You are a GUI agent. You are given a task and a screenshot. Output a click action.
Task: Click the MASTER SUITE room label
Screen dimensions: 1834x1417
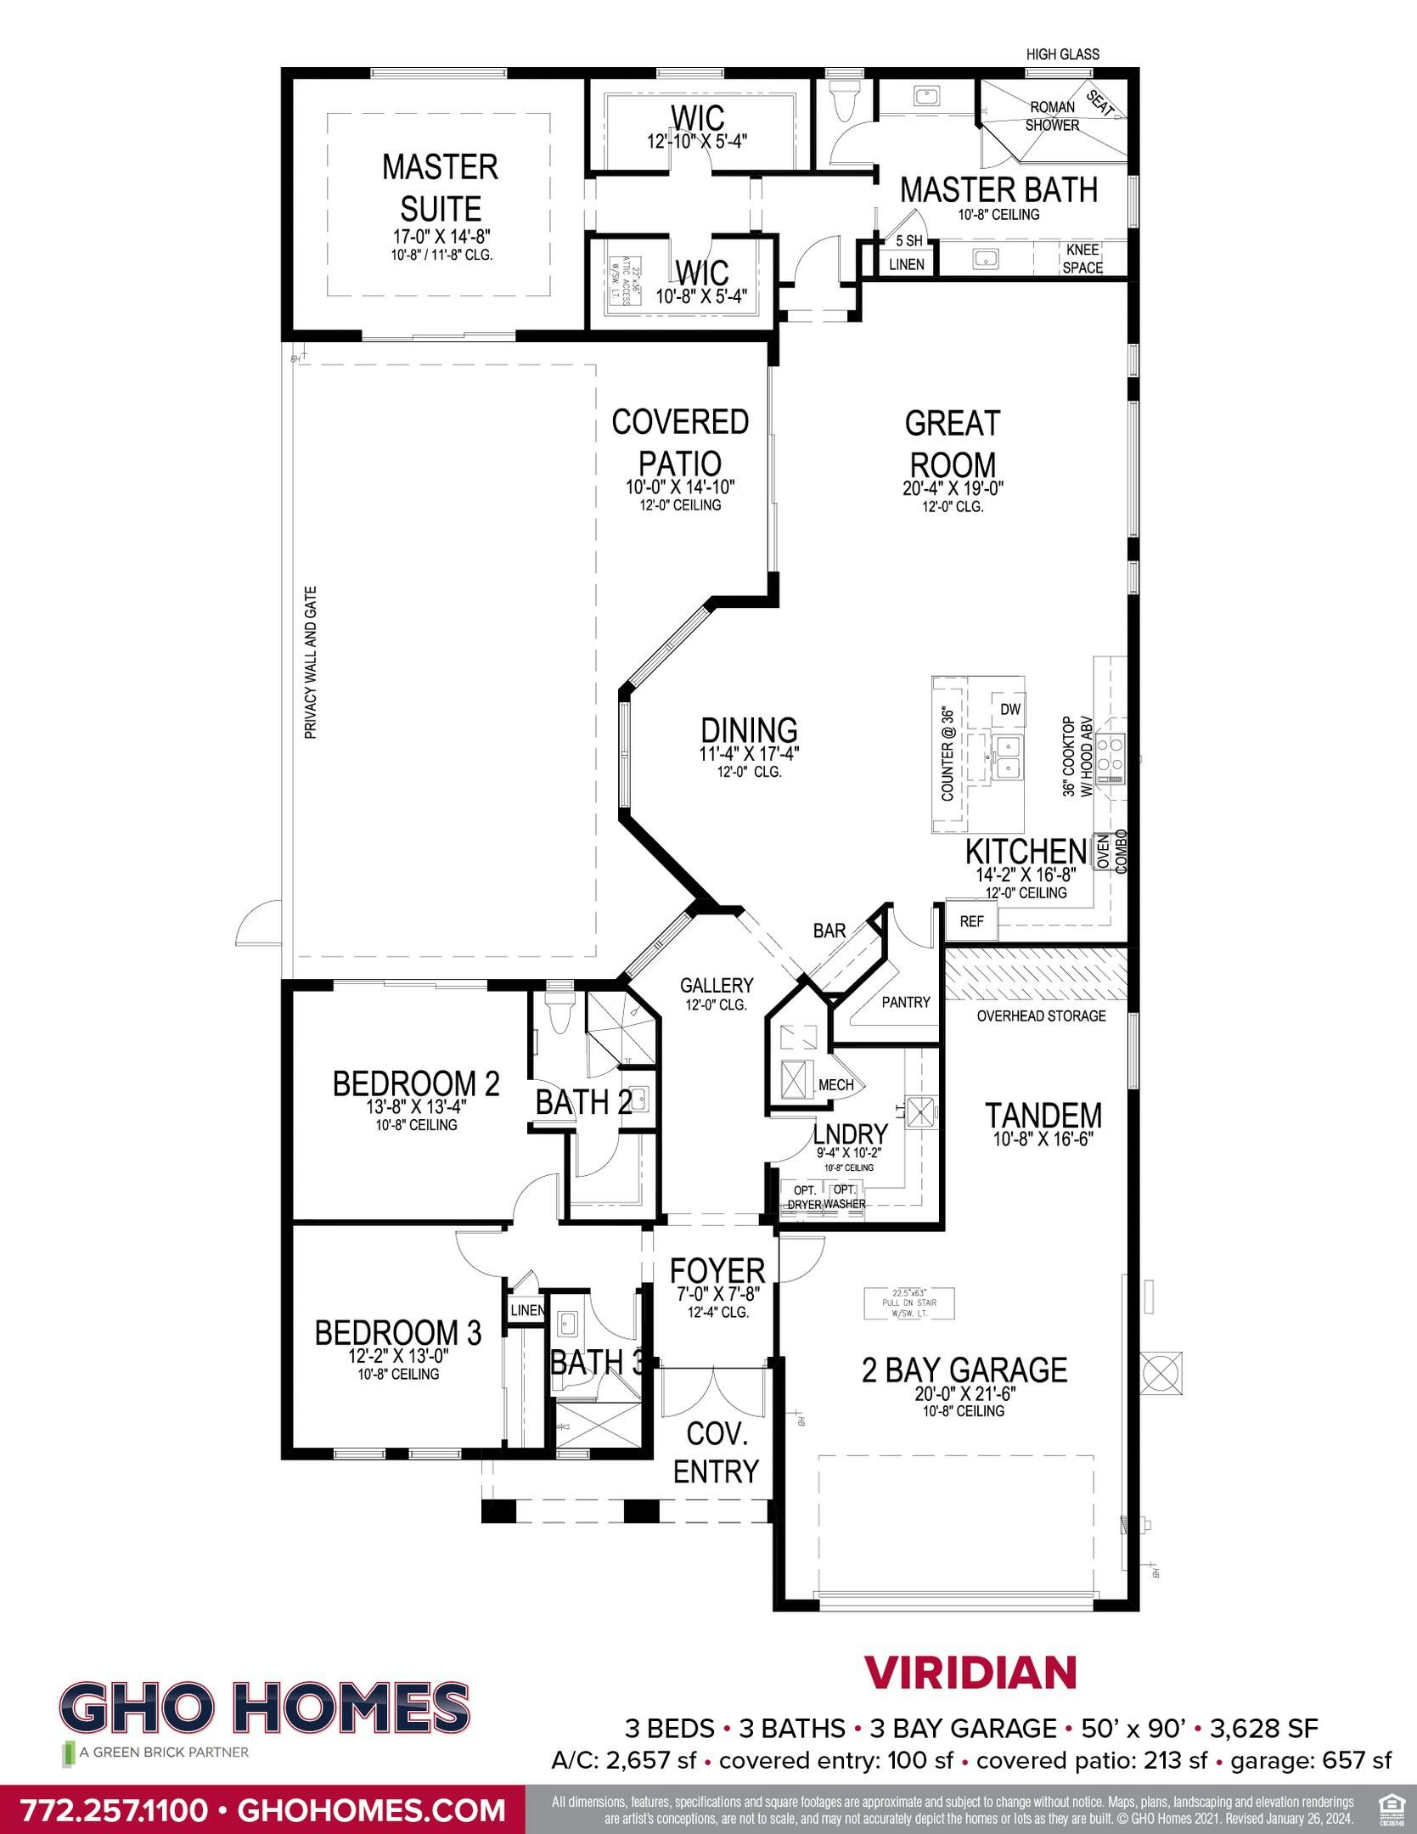pyautogui.click(x=440, y=188)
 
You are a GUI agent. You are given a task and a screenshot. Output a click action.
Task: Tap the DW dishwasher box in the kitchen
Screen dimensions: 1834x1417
pyautogui.click(x=1009, y=709)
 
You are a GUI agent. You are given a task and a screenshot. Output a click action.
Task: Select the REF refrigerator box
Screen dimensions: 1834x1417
pyautogui.click(x=971, y=921)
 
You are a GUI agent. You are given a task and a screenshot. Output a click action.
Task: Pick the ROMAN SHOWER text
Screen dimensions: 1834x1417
pyautogui.click(x=1052, y=116)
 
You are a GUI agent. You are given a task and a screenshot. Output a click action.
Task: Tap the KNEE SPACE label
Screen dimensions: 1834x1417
pyautogui.click(x=1082, y=258)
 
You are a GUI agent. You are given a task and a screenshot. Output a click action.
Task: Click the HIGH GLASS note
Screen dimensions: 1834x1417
pyautogui.click(x=1062, y=54)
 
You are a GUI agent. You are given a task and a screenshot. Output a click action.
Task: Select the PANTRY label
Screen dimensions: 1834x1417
pyautogui.click(x=905, y=1002)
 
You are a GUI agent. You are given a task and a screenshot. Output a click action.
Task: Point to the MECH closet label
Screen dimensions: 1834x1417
pyautogui.click(x=835, y=1084)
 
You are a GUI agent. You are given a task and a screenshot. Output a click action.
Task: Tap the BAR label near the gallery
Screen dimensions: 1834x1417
pyautogui.click(x=829, y=931)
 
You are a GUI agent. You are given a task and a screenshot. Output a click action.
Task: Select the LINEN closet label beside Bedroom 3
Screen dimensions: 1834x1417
pyautogui.click(x=527, y=1310)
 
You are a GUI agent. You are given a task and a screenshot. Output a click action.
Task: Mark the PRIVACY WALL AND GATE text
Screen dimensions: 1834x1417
pyautogui.click(x=311, y=662)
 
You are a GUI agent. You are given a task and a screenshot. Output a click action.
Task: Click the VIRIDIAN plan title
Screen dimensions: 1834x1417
pyautogui.click(x=970, y=1673)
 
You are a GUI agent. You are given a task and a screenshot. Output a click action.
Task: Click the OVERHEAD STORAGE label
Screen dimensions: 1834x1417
pyautogui.click(x=1041, y=1015)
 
